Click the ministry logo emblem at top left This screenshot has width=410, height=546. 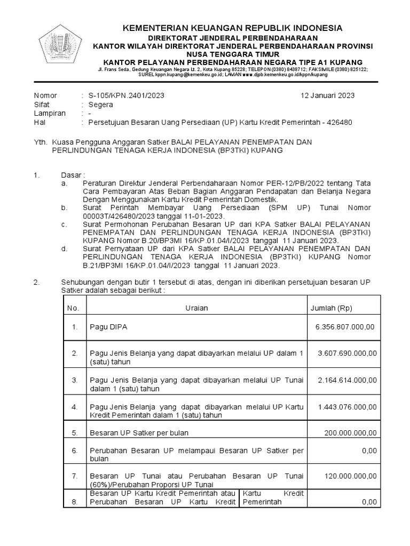point(59,47)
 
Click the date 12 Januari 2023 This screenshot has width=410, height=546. point(328,95)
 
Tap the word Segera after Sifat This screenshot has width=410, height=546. point(101,105)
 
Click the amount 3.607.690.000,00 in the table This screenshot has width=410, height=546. point(347,353)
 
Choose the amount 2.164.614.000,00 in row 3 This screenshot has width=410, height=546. point(347,380)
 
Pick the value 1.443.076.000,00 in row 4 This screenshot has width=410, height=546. point(347,407)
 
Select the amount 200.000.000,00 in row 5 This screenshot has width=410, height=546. point(350,432)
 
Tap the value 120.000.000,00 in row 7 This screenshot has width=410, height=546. point(350,476)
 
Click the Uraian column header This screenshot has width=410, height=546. point(196,308)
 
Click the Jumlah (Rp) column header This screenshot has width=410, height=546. point(331,308)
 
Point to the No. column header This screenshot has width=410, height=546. point(73,308)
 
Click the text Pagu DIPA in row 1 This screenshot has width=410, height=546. point(109,327)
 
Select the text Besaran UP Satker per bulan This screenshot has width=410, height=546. point(139,432)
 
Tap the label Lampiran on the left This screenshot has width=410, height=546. point(50,114)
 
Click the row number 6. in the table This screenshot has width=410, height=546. point(75,451)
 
